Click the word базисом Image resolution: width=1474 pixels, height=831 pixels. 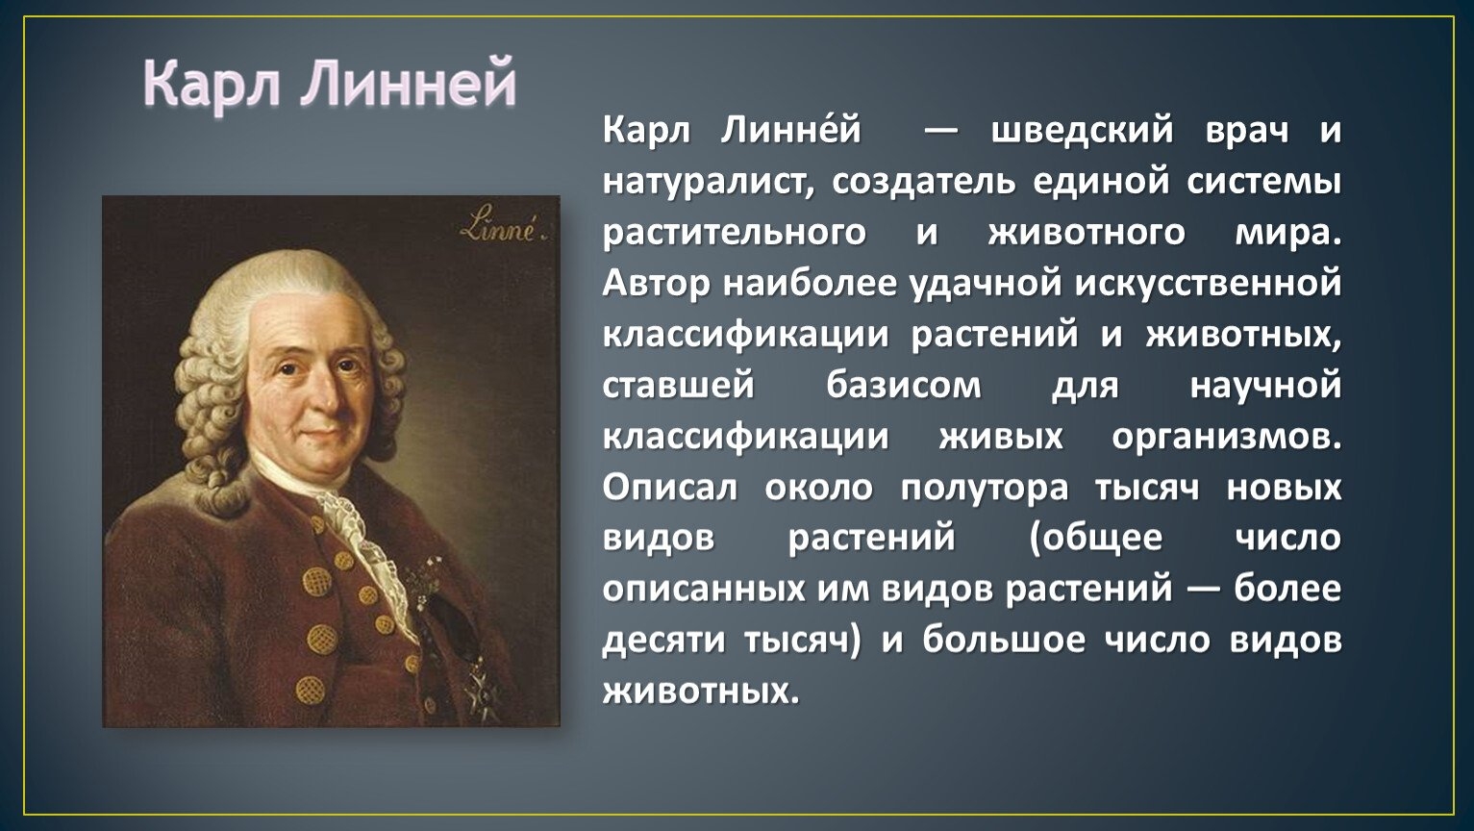(904, 386)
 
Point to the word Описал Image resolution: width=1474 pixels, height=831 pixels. (670, 488)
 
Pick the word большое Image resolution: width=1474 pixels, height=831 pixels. (1003, 640)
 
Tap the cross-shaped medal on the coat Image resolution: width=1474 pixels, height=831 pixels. (478, 688)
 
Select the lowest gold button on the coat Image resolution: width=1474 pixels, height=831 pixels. (310, 689)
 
